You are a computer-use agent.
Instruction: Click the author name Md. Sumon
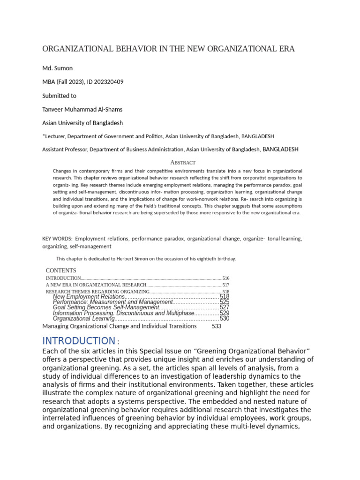click(57, 68)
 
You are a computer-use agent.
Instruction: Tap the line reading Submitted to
click(59, 96)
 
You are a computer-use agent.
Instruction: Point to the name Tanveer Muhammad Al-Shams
click(82, 109)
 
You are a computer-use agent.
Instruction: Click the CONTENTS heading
click(60, 270)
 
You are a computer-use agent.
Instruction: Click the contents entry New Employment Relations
click(89, 297)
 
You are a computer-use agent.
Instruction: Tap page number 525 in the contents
click(225, 302)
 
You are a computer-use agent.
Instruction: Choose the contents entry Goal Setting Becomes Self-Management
click(106, 307)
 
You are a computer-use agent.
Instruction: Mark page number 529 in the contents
click(225, 313)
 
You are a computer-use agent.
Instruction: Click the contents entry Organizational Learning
click(84, 319)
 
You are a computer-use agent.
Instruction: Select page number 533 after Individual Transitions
click(216, 326)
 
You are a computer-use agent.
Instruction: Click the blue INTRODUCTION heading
click(78, 341)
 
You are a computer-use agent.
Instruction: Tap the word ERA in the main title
click(285, 49)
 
